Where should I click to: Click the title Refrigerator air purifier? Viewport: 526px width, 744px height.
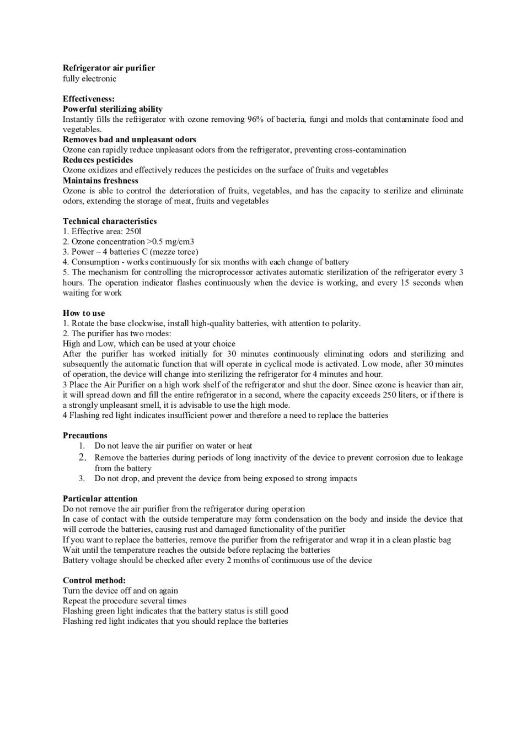click(109, 68)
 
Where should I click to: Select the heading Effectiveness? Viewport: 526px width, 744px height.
click(89, 99)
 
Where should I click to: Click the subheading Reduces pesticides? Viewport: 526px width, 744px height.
click(98, 160)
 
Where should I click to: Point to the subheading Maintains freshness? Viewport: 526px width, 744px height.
click(100, 180)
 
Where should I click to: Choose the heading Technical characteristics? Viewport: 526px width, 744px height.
click(110, 221)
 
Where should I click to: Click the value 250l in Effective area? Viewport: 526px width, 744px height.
click(133, 231)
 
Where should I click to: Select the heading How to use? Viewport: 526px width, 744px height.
click(84, 313)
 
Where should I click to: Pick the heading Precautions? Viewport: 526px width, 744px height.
click(85, 435)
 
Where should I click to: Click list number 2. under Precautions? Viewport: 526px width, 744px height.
click(82, 457)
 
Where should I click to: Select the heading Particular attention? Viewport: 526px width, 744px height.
click(100, 499)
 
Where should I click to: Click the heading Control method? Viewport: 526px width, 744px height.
click(94, 580)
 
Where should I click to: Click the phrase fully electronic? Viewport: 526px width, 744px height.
click(89, 78)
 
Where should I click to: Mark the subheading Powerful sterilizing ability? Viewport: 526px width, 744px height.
click(112, 109)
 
